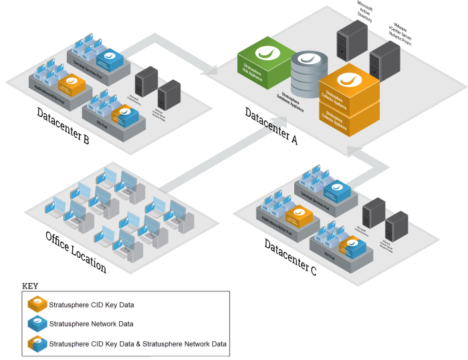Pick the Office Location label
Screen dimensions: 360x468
click(76, 252)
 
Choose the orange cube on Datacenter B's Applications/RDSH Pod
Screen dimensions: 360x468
click(72, 84)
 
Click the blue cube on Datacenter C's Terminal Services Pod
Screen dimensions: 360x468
click(337, 190)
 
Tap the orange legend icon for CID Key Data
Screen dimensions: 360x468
click(37, 305)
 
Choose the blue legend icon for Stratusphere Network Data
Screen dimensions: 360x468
click(37, 325)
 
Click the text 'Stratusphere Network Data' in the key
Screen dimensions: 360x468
click(91, 325)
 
